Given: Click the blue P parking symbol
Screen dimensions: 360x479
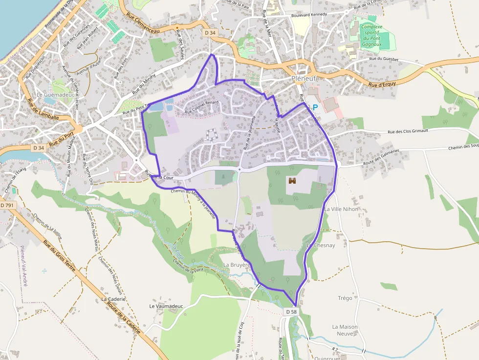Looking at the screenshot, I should tap(315, 107).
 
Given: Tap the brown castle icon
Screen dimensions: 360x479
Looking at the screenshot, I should tap(293, 181).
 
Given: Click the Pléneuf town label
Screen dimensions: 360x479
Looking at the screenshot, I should tap(304, 78).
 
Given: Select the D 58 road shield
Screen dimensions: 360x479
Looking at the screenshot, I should tap(291, 311).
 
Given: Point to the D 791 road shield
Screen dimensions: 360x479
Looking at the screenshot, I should tap(7, 206).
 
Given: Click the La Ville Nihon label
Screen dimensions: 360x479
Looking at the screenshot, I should tap(341, 209).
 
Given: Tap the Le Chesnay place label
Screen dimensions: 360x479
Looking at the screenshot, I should tap(321, 245).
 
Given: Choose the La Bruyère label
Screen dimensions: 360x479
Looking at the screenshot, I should tap(237, 265).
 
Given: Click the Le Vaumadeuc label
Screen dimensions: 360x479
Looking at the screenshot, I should tap(166, 306).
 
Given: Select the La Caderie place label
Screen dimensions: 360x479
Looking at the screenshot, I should tap(113, 299).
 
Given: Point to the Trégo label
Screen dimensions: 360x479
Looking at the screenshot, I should tap(345, 298).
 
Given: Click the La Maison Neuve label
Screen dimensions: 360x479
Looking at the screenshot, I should tap(345, 330).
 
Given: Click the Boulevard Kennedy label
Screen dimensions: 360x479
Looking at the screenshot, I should tap(308, 15).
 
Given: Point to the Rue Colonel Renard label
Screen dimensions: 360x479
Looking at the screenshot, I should tap(201, 107).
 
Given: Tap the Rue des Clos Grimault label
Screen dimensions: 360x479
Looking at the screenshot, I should tap(408, 131).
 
